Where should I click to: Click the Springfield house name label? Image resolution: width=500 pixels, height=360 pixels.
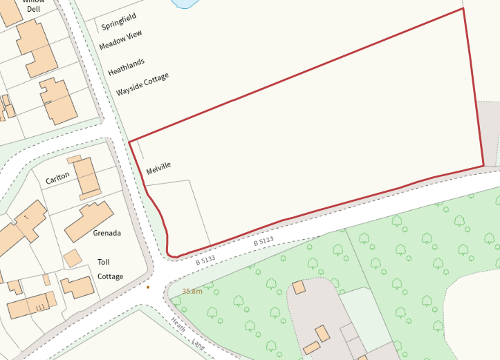pyautogui.click(x=119, y=21)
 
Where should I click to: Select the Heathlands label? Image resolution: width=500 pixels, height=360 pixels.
pyautogui.click(x=127, y=66)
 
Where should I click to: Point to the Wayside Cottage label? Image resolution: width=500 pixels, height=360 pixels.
pyautogui.click(x=142, y=84)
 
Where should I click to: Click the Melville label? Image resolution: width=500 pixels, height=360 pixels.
pyautogui.click(x=158, y=167)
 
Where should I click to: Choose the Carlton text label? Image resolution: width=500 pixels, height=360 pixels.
pyautogui.click(x=57, y=178)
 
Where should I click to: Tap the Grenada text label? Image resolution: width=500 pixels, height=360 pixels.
pyautogui.click(x=107, y=233)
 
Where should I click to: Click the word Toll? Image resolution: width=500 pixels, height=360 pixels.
pyautogui.click(x=103, y=262)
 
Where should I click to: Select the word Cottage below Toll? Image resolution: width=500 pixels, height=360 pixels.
pyautogui.click(x=110, y=276)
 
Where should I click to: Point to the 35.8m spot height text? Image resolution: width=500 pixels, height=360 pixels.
pyautogui.click(x=192, y=292)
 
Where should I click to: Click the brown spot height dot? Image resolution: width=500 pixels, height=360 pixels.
pyautogui.click(x=148, y=287)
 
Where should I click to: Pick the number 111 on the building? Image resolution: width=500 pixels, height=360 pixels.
pyautogui.click(x=40, y=306)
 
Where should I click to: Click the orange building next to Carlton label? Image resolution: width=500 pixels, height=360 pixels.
pyautogui.click(x=86, y=177)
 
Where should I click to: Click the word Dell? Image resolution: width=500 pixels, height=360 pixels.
pyautogui.click(x=34, y=8)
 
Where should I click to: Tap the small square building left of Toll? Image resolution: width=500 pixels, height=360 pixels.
pyautogui.click(x=72, y=258)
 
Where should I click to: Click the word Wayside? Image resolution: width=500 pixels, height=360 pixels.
pyautogui.click(x=129, y=89)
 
